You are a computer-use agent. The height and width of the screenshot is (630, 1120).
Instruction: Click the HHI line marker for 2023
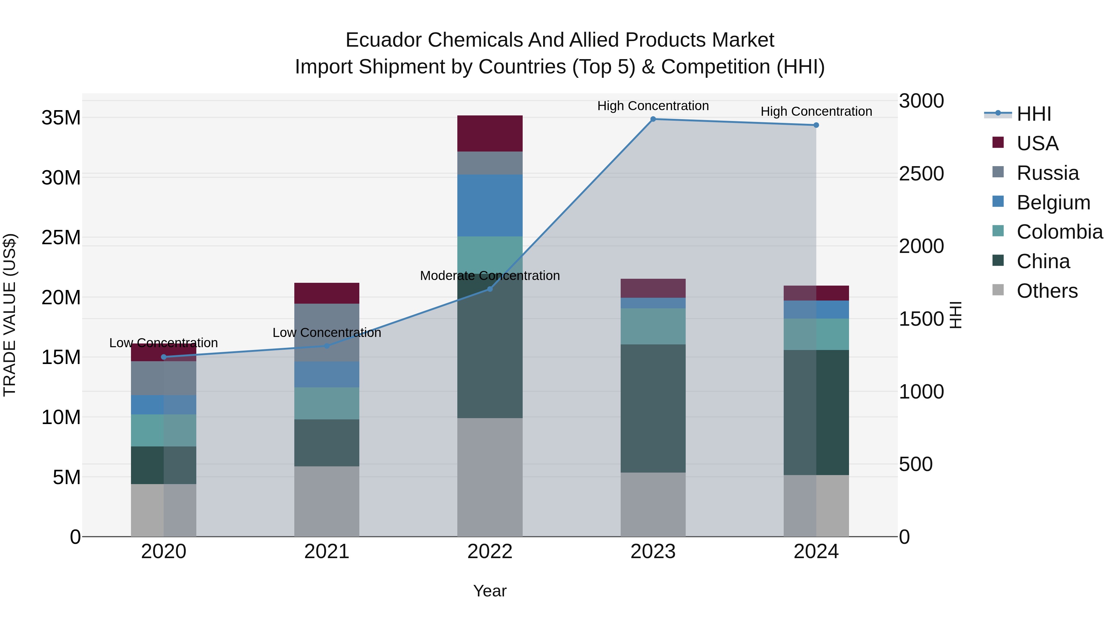pyautogui.click(x=653, y=119)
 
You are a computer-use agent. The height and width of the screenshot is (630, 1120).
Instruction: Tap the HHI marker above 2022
pyautogui.click(x=490, y=289)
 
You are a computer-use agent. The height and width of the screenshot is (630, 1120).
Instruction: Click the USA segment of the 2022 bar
pyautogui.click(x=490, y=133)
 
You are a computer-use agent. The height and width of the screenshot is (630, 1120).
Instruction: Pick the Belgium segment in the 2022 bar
pyautogui.click(x=490, y=205)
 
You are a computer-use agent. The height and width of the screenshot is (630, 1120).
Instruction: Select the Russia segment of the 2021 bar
pyautogui.click(x=327, y=332)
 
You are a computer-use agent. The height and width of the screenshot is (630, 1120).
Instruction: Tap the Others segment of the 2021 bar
pyautogui.click(x=327, y=501)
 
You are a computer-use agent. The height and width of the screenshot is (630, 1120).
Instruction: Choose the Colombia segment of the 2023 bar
pyautogui.click(x=653, y=326)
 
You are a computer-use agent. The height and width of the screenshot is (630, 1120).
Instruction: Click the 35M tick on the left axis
pyautogui.click(x=61, y=118)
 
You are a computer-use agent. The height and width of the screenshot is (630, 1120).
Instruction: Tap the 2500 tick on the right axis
pyautogui.click(x=921, y=174)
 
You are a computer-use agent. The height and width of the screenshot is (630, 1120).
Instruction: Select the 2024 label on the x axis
pyautogui.click(x=816, y=552)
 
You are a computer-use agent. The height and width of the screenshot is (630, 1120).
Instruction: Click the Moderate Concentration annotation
pyautogui.click(x=490, y=276)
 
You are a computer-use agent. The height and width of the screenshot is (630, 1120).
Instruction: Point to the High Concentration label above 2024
pyautogui.click(x=816, y=111)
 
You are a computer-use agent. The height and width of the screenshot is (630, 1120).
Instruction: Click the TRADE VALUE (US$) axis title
pyautogui.click(x=10, y=315)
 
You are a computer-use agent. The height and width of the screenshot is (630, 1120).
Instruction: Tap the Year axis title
pyautogui.click(x=490, y=591)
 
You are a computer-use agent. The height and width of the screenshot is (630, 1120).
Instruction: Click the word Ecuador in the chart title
pyautogui.click(x=383, y=40)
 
